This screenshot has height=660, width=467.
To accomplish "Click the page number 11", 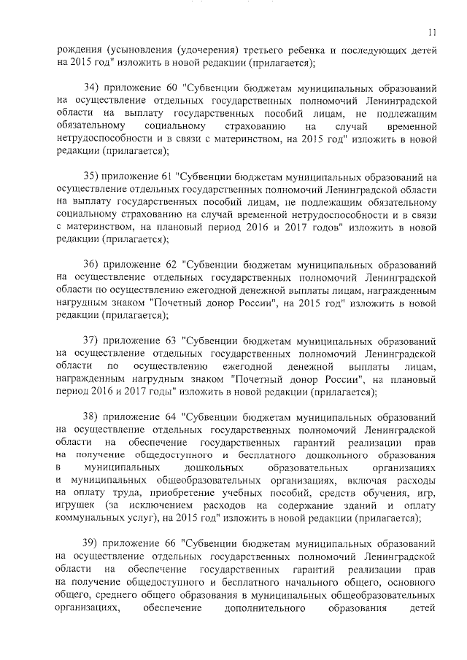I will pos(433,31).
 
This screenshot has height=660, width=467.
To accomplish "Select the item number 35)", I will pos(92,176).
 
